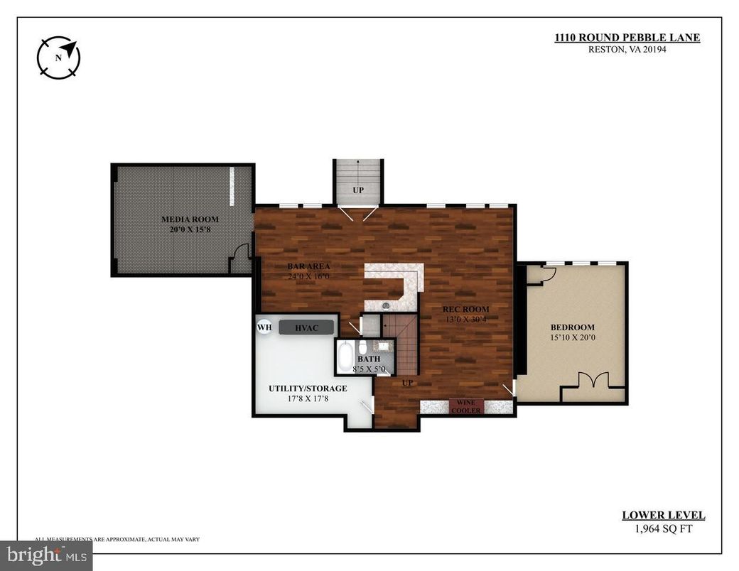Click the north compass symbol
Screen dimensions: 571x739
[58, 58]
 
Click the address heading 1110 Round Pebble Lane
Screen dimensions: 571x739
[627, 38]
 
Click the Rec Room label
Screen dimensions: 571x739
[465, 309]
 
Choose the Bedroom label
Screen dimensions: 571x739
[572, 327]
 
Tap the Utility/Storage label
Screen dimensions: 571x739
[308, 388]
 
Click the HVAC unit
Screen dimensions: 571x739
[306, 327]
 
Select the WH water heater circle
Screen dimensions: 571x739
[264, 327]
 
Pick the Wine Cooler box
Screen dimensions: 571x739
[466, 406]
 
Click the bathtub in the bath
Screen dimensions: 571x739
[345, 356]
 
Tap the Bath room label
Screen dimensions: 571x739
[369, 359]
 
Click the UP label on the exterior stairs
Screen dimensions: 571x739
[358, 191]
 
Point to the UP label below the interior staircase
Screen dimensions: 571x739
[408, 383]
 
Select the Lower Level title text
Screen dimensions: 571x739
[663, 516]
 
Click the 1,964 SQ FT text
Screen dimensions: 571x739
[663, 528]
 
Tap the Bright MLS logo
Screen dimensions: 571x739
[46, 555]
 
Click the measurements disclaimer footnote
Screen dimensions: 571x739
[117, 540]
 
